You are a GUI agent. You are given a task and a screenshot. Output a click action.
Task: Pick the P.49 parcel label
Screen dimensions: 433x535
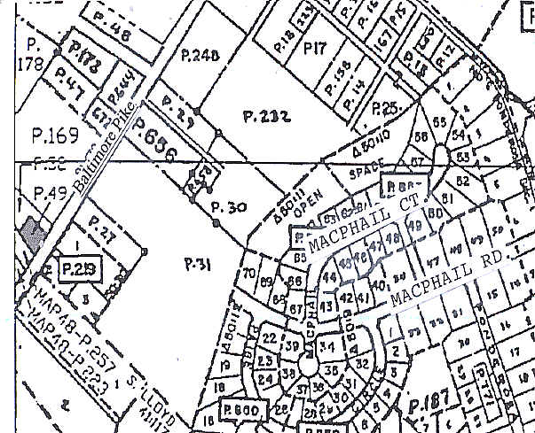tap(44, 193)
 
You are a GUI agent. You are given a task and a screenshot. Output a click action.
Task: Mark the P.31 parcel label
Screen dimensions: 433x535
tap(194, 262)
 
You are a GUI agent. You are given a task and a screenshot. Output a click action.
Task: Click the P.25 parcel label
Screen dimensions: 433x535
tap(386, 108)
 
